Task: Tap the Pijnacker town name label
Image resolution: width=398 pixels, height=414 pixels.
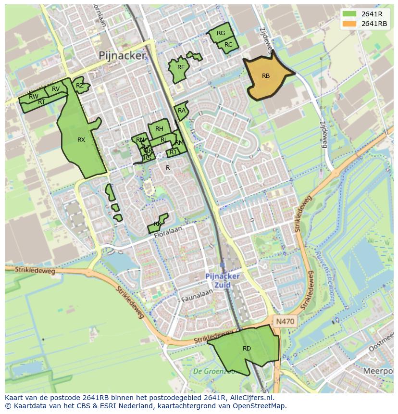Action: click(x=122, y=56)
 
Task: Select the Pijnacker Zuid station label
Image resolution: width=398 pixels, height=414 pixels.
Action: click(x=222, y=280)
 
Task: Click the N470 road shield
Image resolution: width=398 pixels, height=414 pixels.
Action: click(x=285, y=321)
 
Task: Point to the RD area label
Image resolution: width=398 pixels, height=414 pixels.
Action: click(x=247, y=349)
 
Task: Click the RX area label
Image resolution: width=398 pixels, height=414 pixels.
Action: click(x=81, y=140)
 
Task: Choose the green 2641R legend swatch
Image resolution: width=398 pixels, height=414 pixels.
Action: click(x=350, y=14)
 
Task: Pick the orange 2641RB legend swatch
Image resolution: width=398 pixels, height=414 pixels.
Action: click(x=350, y=24)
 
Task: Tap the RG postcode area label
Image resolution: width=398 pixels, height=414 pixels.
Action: click(x=221, y=33)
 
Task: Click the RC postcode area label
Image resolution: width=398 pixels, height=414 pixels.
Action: click(x=228, y=45)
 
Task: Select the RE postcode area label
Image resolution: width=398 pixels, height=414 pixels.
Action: click(x=181, y=67)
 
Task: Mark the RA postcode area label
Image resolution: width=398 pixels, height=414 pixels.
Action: click(x=181, y=111)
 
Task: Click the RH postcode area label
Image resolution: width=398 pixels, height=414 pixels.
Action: click(x=159, y=129)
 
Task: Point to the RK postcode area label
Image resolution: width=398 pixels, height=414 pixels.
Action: click(x=158, y=224)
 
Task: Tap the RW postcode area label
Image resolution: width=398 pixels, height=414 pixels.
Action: click(x=33, y=97)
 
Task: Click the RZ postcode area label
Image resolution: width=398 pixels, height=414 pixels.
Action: click(x=80, y=86)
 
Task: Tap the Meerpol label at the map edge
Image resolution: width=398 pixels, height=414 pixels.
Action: click(x=378, y=371)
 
